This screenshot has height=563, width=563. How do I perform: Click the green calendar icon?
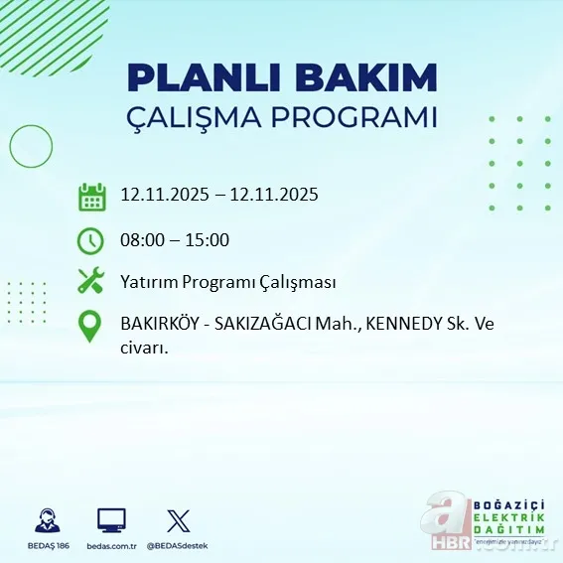(x=91, y=196)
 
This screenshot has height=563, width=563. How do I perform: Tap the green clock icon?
(x=90, y=239)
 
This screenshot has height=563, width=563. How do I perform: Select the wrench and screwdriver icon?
(x=90, y=282)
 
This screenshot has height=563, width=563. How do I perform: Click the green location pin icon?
(x=90, y=327)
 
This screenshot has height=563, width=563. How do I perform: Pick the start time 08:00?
(x=142, y=239)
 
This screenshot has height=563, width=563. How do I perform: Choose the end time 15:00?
(x=209, y=239)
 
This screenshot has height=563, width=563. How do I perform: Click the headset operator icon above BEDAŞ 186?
(x=46, y=519)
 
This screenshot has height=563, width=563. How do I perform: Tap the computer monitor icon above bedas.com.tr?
(x=111, y=519)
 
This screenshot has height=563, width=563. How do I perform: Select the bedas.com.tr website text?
(x=111, y=546)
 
